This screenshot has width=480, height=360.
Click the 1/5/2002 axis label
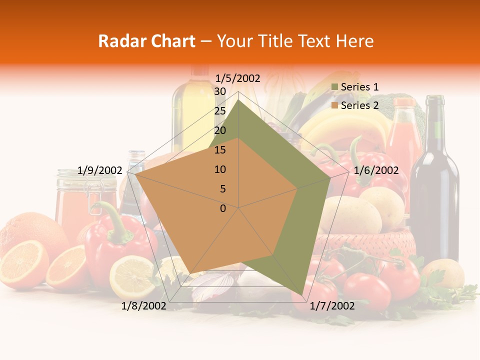pos(238,78)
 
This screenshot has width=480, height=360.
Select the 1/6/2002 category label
pos(376,170)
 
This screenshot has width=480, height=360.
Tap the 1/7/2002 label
pos(332,306)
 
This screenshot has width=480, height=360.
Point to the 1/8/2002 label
pos(144,306)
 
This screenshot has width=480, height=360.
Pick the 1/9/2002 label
pos(100,170)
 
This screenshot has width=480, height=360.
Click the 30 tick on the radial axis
pos(220,91)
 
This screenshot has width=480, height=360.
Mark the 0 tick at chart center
pos(223,208)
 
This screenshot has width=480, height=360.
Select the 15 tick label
pos(220,150)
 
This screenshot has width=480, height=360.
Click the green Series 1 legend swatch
pos(334,87)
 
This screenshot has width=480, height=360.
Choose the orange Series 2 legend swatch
pos(334,105)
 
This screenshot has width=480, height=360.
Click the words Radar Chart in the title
pos(146,41)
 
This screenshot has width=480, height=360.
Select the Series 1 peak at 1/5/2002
pos(238,100)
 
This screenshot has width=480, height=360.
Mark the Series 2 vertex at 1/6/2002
pos(297,189)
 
